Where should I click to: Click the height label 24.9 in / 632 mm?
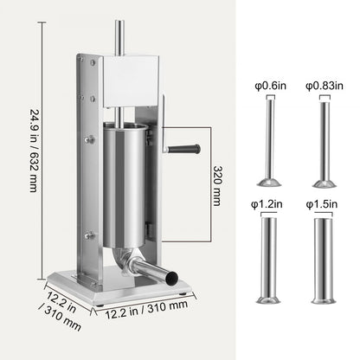(33, 151)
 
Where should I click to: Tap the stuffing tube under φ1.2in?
(270, 255)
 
